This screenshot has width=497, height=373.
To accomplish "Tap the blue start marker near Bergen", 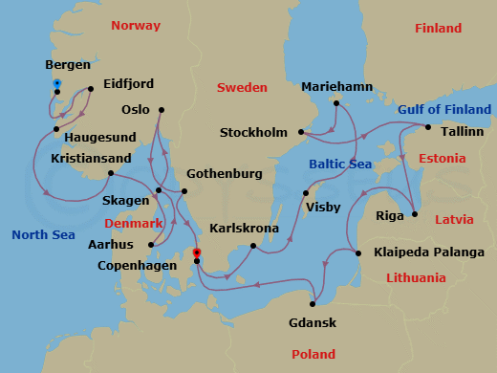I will tap(57, 84).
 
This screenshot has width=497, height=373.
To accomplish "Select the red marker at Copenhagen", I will tap(197, 252).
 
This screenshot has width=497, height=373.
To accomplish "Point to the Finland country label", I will tap(439, 29).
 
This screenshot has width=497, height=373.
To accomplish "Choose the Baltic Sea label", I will tap(340, 165).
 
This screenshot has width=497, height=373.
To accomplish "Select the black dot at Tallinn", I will tap(428, 127).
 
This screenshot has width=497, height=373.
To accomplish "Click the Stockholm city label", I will tap(253, 132).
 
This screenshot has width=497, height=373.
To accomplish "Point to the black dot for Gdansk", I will tap(313, 304).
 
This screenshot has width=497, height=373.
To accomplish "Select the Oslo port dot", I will tap(161, 110).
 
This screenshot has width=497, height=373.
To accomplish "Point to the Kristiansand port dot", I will tap(112, 173).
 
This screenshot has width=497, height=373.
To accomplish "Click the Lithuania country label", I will tap(416, 278).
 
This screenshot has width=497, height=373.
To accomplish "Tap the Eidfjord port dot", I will tap(90, 90).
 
